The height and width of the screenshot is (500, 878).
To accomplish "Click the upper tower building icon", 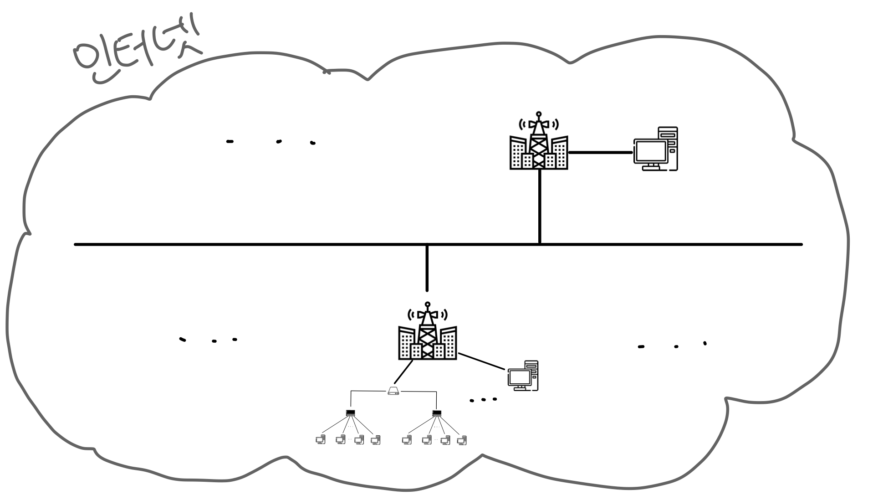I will pyautogui.click(x=539, y=146).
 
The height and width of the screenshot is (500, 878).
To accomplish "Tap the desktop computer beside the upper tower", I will pyautogui.click(x=656, y=149).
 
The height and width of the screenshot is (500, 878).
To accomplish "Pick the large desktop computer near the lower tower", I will pyautogui.click(x=523, y=376).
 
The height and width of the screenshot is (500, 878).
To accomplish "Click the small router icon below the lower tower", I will pyautogui.click(x=393, y=391).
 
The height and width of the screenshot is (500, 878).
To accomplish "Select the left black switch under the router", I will pyautogui.click(x=350, y=413).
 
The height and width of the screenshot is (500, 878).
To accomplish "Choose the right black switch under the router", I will pyautogui.click(x=437, y=413).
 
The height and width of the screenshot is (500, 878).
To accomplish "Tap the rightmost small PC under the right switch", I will pyautogui.click(x=462, y=440).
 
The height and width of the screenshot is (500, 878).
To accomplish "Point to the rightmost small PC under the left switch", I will pyautogui.click(x=376, y=440).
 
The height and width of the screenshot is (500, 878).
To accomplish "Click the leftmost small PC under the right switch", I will pyautogui.click(x=407, y=440).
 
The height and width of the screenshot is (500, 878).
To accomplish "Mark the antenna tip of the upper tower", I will pyautogui.click(x=539, y=113).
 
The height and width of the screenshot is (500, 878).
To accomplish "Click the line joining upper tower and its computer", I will pyautogui.click(x=601, y=153).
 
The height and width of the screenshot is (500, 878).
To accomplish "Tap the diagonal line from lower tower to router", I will pyautogui.click(x=403, y=372).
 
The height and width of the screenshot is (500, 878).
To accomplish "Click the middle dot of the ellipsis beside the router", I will pyautogui.click(x=484, y=400).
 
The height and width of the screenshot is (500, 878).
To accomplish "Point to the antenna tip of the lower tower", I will pyautogui.click(x=428, y=304).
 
